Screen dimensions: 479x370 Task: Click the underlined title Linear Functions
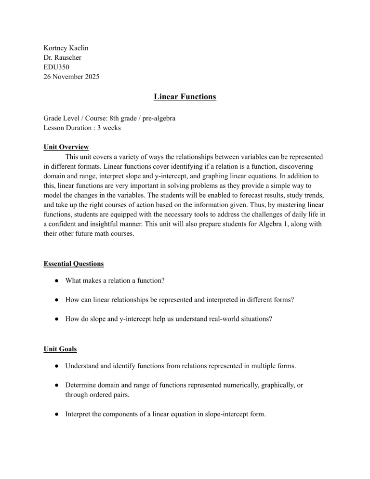click(185, 97)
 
